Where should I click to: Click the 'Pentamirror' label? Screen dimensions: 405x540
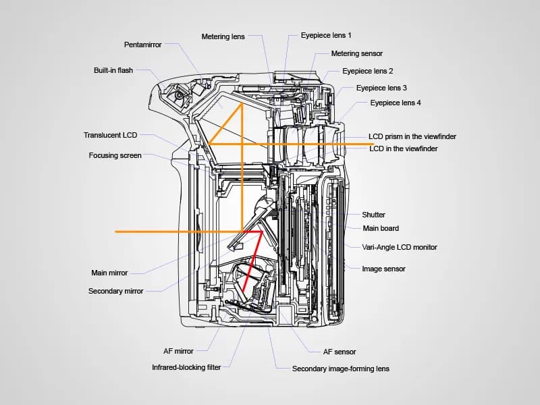(x=142, y=45)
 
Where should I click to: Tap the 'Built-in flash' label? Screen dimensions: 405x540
(x=113, y=70)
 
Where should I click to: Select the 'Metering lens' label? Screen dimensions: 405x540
(x=223, y=36)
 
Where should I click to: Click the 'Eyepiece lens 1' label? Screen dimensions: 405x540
(x=326, y=34)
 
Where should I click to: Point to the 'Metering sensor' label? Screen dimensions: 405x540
(x=356, y=53)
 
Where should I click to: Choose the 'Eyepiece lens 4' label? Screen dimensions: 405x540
(x=396, y=103)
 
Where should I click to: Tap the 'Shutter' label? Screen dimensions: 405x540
(x=373, y=215)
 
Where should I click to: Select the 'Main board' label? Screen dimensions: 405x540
(x=381, y=228)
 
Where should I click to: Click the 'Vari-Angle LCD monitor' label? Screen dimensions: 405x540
(x=400, y=247)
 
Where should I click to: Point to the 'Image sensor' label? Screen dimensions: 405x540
(x=383, y=269)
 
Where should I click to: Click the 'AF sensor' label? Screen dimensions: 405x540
(x=340, y=352)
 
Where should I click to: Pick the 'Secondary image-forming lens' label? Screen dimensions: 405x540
(x=340, y=369)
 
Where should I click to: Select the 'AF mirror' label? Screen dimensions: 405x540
(x=178, y=351)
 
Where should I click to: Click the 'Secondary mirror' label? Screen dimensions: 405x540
(x=115, y=291)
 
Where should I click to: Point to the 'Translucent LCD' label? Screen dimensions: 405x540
(x=110, y=135)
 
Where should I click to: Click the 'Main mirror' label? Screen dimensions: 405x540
(x=109, y=273)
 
